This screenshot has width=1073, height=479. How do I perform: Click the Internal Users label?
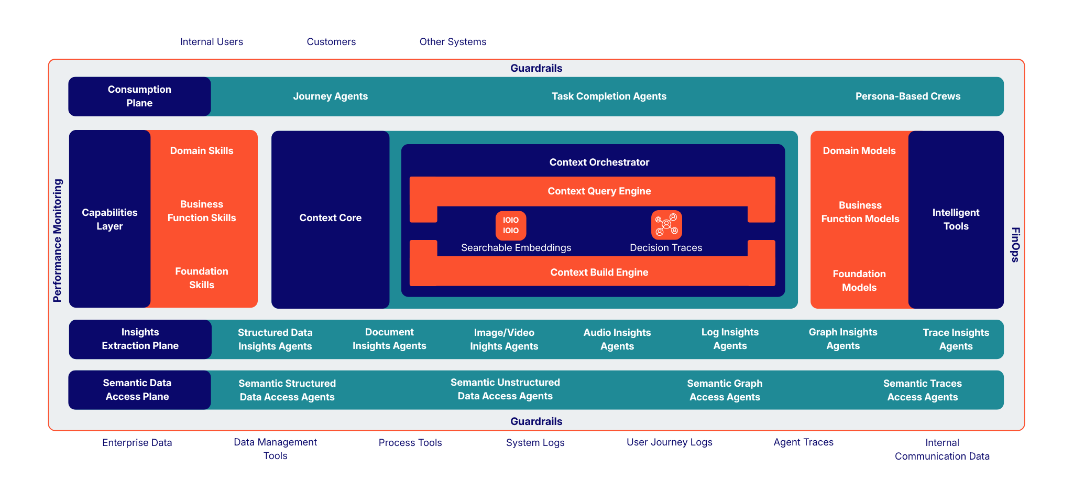pyautogui.click(x=211, y=42)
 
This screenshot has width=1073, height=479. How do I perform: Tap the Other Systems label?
pyautogui.click(x=453, y=42)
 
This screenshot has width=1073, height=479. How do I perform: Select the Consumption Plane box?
pyautogui.click(x=139, y=96)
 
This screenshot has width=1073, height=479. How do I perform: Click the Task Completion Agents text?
pyautogui.click(x=609, y=96)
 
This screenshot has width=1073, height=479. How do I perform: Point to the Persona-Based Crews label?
pyautogui.click(x=907, y=96)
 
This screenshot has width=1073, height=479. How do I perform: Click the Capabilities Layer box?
pyautogui.click(x=110, y=219)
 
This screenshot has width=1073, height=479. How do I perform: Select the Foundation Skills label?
pyautogui.click(x=202, y=278)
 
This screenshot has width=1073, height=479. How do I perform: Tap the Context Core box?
pyautogui.click(x=330, y=218)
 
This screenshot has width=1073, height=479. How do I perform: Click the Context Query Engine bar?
pyautogui.click(x=599, y=191)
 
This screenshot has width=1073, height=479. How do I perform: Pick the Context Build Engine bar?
pyautogui.click(x=599, y=273)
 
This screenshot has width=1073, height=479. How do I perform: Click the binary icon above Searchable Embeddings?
pyautogui.click(x=511, y=225)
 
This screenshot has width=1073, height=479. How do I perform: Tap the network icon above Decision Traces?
pyautogui.click(x=666, y=225)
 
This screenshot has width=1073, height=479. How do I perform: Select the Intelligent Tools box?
pyautogui.click(x=956, y=219)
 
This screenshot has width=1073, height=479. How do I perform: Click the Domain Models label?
pyautogui.click(x=859, y=151)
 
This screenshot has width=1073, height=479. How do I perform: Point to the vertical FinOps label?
pyautogui.click(x=1015, y=245)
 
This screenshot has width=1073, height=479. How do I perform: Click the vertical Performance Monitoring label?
pyautogui.click(x=58, y=241)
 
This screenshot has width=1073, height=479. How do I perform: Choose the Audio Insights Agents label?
pyautogui.click(x=617, y=339)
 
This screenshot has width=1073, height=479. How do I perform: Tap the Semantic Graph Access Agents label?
pyautogui.click(x=724, y=390)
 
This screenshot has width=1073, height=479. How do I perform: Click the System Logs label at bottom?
pyautogui.click(x=535, y=443)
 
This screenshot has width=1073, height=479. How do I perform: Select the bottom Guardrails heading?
pyautogui.click(x=536, y=421)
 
